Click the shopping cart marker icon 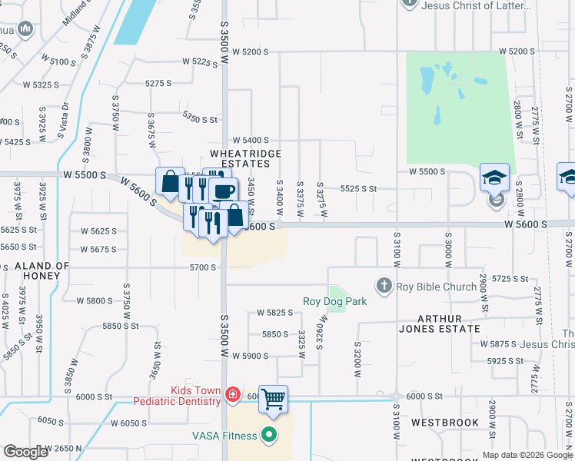(273, 399)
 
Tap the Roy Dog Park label (334, 302)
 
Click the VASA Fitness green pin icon (269, 436)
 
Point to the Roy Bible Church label (436, 287)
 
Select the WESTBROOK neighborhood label (444, 423)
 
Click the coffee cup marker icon (223, 192)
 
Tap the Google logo (25, 452)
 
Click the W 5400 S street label (255, 140)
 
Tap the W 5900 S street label (254, 356)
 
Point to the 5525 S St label (358, 188)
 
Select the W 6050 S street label (128, 423)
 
